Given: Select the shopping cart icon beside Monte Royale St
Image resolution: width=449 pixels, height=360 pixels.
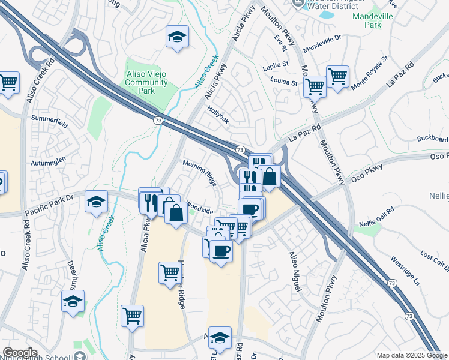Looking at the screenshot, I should pyautogui.click(x=338, y=76).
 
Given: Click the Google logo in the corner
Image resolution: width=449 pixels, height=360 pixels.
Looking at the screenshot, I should pyautogui.click(x=20, y=353).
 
